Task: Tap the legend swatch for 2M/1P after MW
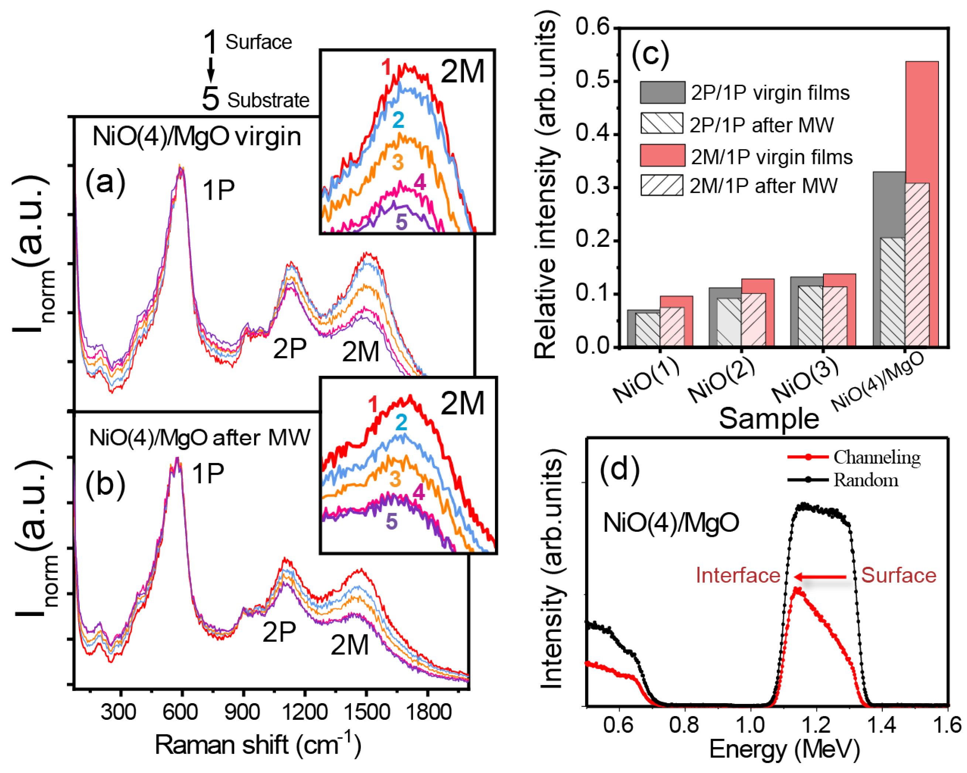pyautogui.click(x=662, y=185)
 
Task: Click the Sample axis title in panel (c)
pyautogui.click(x=769, y=419)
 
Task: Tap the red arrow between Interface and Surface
pyautogui.click(x=820, y=577)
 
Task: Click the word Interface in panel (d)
pyautogui.click(x=738, y=576)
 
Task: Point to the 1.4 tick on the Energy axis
pyautogui.click(x=882, y=725)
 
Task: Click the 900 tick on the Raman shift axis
pyautogui.click(x=242, y=712)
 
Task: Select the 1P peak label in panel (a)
pyautogui.click(x=218, y=190)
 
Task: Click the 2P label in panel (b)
pyautogui.click(x=279, y=632)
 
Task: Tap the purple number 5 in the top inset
pyautogui.click(x=401, y=222)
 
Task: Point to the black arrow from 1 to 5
pyautogui.click(x=211, y=69)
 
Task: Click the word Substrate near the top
pyautogui.click(x=268, y=101)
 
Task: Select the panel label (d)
pyautogui.click(x=619, y=470)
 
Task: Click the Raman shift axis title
pyautogui.click(x=258, y=746)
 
